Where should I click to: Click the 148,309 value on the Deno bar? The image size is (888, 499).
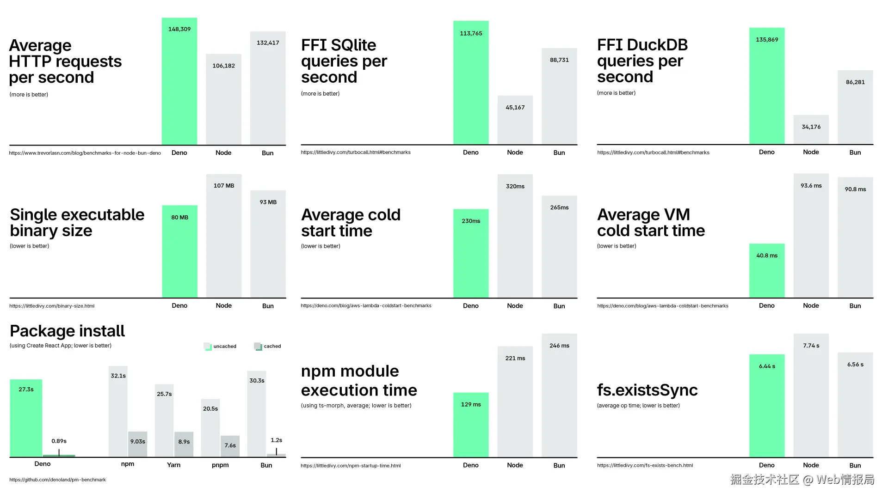[179, 29]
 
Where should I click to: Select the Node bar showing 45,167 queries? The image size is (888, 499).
[515, 120]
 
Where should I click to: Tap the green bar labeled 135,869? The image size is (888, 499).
[767, 86]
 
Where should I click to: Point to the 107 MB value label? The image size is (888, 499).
[224, 186]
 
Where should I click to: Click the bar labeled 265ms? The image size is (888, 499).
[559, 247]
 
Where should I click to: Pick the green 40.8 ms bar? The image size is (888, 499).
[767, 271]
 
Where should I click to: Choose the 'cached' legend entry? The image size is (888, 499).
[267, 346]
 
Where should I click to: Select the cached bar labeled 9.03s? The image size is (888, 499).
[137, 444]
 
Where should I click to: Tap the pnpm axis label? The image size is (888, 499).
[220, 465]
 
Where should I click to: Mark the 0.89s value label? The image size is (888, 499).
[59, 441]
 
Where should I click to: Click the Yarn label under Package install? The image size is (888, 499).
[174, 465]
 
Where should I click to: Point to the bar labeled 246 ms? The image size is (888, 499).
[559, 396]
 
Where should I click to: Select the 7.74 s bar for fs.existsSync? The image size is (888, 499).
[811, 396]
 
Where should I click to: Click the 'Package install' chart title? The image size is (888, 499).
[68, 331]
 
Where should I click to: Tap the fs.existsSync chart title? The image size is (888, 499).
[647, 390]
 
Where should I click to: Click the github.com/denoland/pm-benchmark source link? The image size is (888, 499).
[57, 480]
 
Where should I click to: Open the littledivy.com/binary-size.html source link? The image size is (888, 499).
[52, 306]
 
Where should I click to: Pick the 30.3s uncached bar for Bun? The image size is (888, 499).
[257, 414]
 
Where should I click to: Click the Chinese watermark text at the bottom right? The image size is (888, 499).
[802, 480]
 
